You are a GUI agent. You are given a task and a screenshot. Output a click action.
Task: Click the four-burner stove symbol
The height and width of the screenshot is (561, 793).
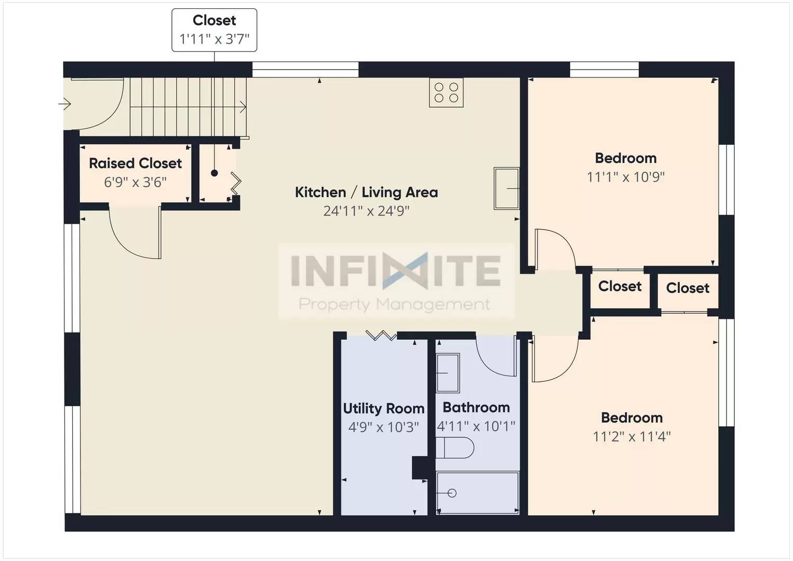coord(446,92)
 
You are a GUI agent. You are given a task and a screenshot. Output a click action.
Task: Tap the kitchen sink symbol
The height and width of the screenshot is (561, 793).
coord(507,189)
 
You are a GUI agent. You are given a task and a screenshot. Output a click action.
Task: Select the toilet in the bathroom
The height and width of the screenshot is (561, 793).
coord(454,448)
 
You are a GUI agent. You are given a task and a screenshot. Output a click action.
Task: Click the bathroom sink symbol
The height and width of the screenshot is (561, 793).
coord(448,373)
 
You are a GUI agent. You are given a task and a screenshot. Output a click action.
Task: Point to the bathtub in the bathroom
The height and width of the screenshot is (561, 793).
coord(478,492)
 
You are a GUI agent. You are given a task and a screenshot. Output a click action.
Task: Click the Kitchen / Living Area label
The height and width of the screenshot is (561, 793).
coord(367,192)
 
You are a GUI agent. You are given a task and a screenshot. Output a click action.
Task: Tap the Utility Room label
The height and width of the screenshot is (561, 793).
coord(384,408)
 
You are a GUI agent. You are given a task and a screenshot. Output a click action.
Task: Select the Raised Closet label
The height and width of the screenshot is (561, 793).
coord(135,163)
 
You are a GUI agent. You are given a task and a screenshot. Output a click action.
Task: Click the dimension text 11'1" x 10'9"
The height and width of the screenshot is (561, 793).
coord(626,177)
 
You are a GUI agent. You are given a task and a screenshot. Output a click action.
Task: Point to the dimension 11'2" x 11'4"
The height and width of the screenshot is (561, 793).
coord(631,436)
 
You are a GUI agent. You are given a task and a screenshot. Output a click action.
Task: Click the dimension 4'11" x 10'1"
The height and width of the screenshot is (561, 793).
coord(476,426)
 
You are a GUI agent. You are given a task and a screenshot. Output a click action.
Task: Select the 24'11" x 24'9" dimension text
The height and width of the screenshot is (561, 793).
coord(367,211)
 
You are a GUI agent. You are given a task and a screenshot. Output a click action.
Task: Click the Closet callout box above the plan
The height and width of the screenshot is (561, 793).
coord(214,30)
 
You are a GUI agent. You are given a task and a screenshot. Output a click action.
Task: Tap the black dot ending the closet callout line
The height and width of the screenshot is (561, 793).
coord(214,173)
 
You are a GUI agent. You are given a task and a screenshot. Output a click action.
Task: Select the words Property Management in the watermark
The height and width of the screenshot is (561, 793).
coord(394,304)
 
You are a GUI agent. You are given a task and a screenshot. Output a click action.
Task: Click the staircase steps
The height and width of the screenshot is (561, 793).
coord(188,107)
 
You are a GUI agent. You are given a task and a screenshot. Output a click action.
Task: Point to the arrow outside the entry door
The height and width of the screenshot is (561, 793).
coord(65,104)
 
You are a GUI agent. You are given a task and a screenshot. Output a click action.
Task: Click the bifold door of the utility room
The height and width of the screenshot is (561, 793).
coord(381,336)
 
